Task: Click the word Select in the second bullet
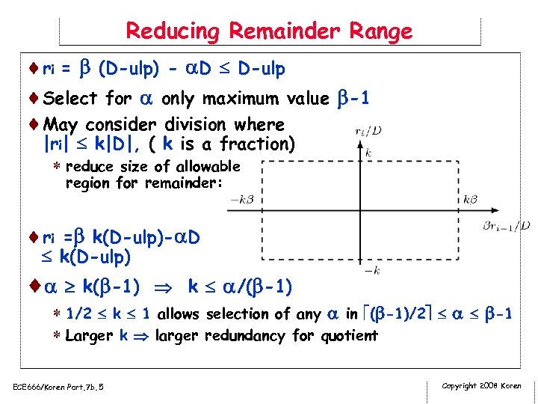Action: click(71, 99)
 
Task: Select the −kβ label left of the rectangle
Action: click(244, 200)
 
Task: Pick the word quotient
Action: click(347, 335)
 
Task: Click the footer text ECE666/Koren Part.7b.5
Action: click(58, 386)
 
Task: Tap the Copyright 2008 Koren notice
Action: click(482, 386)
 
